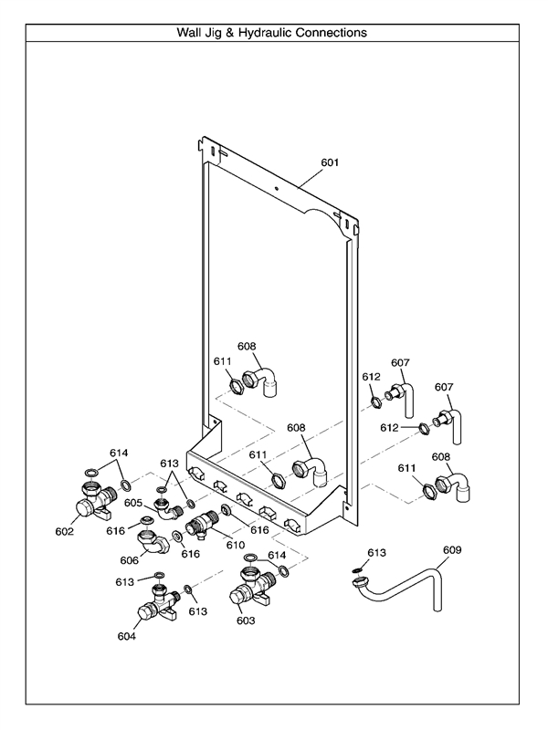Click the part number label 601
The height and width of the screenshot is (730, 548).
coord(330,163)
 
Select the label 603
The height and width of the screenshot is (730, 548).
coord(245,620)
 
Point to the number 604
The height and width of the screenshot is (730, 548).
coord(126,636)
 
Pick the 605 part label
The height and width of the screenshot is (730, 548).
coord(133,503)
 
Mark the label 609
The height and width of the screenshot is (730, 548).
coord(452,550)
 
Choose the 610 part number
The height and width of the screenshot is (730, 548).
coord(235,545)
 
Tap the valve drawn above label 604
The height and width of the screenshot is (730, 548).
coord(156,604)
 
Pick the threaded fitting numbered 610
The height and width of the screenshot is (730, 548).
coord(200,526)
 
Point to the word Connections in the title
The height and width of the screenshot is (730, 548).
coord(333,32)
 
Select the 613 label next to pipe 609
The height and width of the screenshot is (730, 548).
coord(377,552)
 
